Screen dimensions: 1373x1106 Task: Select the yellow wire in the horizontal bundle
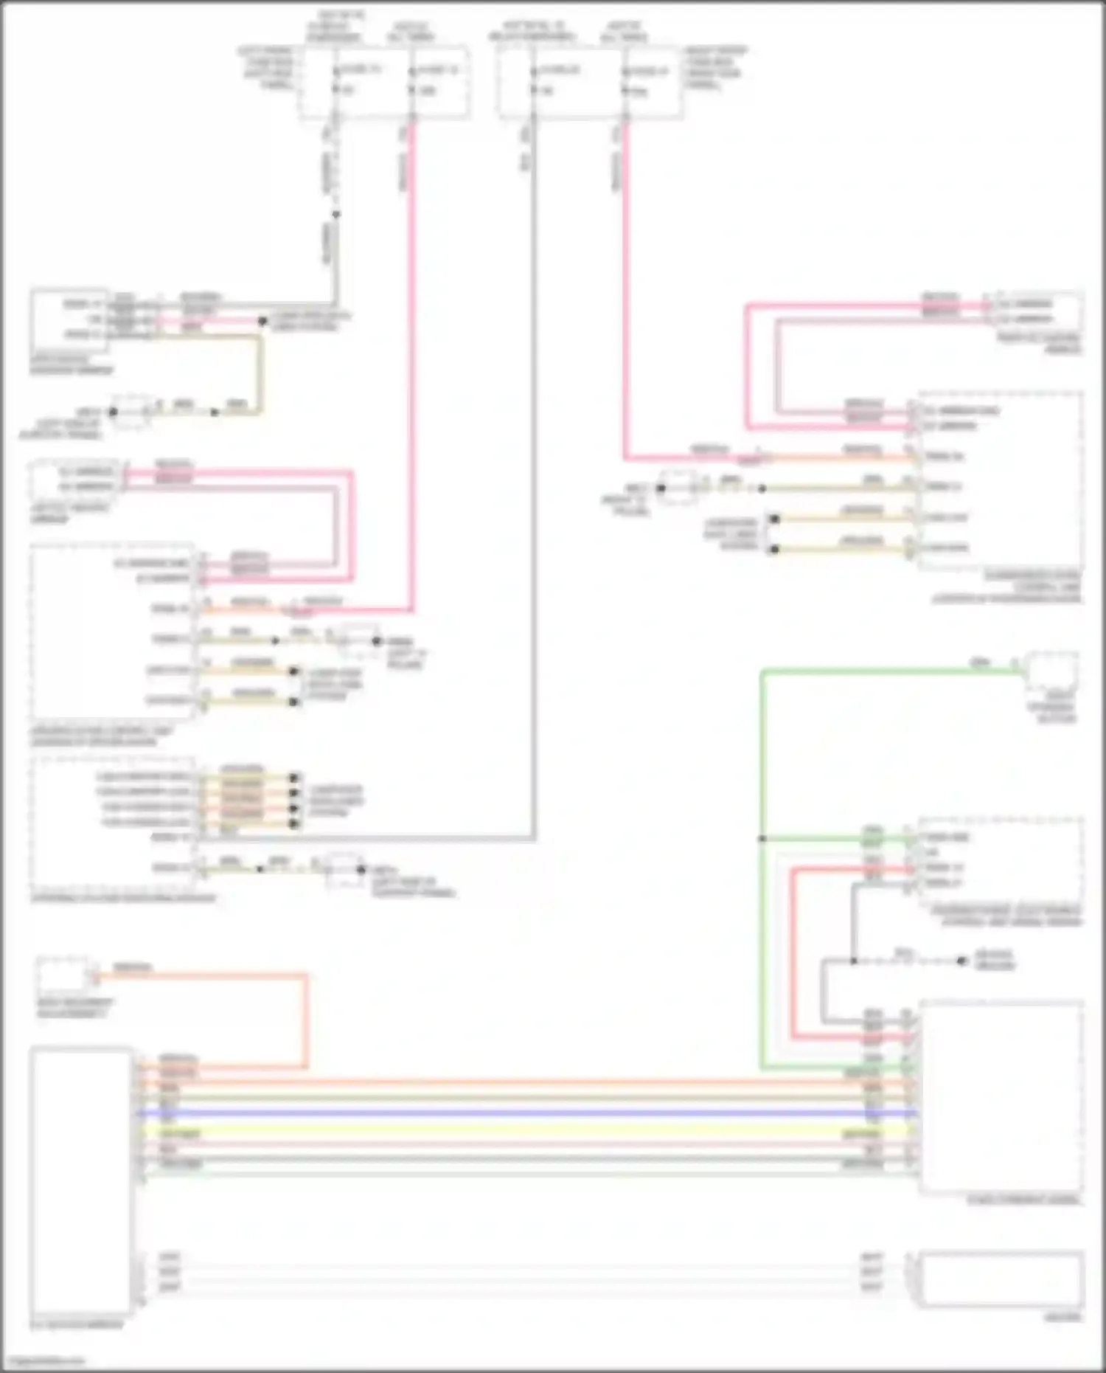point(516,1130)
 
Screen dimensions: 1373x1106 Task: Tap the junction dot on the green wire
point(762,839)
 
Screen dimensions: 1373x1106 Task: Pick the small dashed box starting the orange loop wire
point(62,976)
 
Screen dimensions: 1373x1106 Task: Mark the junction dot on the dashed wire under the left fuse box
point(336,215)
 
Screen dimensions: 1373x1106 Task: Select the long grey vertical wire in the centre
point(532,480)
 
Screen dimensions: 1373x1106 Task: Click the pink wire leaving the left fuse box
point(412,369)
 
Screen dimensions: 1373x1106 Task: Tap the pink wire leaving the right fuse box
point(625,295)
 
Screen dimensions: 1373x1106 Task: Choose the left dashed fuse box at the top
point(383,81)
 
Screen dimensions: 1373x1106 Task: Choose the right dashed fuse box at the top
point(590,81)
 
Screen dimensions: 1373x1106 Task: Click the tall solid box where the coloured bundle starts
point(82,1180)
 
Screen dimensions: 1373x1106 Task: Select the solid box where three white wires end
point(1001,1279)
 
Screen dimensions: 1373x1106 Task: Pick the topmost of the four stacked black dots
point(295,778)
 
